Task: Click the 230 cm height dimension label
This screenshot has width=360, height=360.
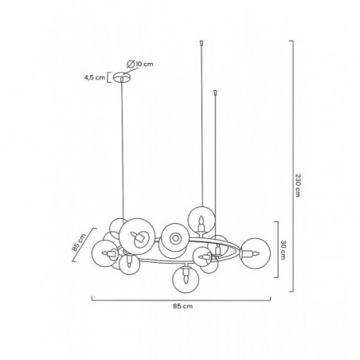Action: [298, 186]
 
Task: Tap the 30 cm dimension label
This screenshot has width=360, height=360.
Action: [283, 250]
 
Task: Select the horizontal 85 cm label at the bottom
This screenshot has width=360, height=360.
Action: [183, 306]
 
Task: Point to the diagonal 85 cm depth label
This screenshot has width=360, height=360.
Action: [79, 243]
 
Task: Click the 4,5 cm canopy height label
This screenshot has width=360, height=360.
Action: [95, 78]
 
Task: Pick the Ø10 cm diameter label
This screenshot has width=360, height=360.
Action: [140, 64]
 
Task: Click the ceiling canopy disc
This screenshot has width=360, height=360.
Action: [122, 77]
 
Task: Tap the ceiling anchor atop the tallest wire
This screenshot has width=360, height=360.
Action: [202, 42]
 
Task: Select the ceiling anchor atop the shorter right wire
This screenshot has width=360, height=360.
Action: [215, 92]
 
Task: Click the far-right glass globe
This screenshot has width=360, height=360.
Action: [255, 253]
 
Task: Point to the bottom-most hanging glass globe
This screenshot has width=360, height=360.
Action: [186, 279]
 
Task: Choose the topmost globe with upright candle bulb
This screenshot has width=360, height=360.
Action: [202, 220]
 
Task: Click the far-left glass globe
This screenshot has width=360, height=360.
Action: [106, 253]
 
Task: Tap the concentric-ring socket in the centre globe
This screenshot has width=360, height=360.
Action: [174, 238]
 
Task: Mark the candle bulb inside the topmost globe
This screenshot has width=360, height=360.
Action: [202, 224]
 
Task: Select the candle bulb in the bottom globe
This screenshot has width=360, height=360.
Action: [186, 275]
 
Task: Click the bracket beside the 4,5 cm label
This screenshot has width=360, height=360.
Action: [108, 77]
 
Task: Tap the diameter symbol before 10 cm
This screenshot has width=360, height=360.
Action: [131, 64]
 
